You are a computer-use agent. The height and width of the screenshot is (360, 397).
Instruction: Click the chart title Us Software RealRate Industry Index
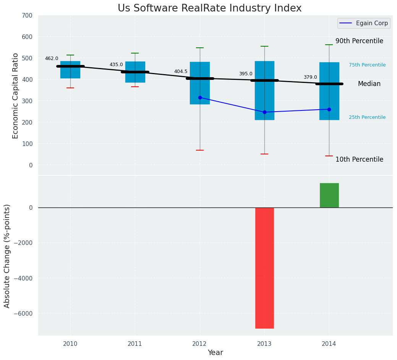click(209, 8)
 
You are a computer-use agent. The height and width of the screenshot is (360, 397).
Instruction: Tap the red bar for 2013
click(264, 268)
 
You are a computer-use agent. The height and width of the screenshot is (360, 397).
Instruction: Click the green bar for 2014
click(329, 195)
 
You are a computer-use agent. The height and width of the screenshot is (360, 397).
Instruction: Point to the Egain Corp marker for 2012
click(200, 97)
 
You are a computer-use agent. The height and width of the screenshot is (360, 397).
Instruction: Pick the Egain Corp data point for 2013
click(264, 112)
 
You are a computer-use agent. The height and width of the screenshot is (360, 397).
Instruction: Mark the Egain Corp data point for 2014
click(329, 109)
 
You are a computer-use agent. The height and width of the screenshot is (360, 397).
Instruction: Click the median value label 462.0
click(52, 58)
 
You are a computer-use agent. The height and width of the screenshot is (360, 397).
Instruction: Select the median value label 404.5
click(181, 71)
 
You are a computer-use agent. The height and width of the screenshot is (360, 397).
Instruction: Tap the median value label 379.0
click(310, 77)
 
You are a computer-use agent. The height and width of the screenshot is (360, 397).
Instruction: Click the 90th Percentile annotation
click(359, 41)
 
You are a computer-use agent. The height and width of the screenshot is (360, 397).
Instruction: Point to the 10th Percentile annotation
click(359, 160)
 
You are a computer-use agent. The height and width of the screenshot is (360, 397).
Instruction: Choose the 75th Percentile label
click(367, 65)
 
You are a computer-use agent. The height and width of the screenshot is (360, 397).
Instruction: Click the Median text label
click(369, 84)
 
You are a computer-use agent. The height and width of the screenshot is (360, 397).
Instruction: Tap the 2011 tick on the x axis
click(135, 344)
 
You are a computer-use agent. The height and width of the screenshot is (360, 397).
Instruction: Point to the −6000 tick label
click(23, 313)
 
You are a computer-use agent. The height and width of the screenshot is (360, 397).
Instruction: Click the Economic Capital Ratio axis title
click(16, 96)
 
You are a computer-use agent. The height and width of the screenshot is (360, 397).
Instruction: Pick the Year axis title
click(216, 353)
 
